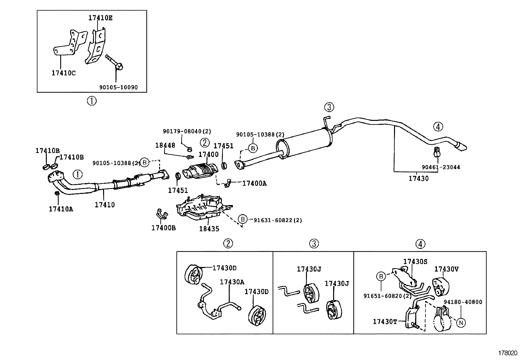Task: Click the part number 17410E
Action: [100, 18]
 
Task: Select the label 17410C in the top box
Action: [63, 73]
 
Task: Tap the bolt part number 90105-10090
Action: [118, 87]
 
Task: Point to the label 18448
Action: [165, 145]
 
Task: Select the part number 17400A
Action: [254, 183]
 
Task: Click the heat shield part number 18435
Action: [209, 229]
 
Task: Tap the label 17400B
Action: [163, 228]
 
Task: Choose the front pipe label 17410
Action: [105, 205]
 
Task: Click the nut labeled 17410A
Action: [57, 194]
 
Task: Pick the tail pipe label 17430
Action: [418, 179]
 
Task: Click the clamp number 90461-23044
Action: [440, 167]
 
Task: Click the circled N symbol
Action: [461, 323]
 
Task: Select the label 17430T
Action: [385, 322]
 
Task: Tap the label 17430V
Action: [446, 269]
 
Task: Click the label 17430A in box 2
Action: [232, 282]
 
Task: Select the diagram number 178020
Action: [508, 353]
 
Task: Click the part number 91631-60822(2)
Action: [278, 220]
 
